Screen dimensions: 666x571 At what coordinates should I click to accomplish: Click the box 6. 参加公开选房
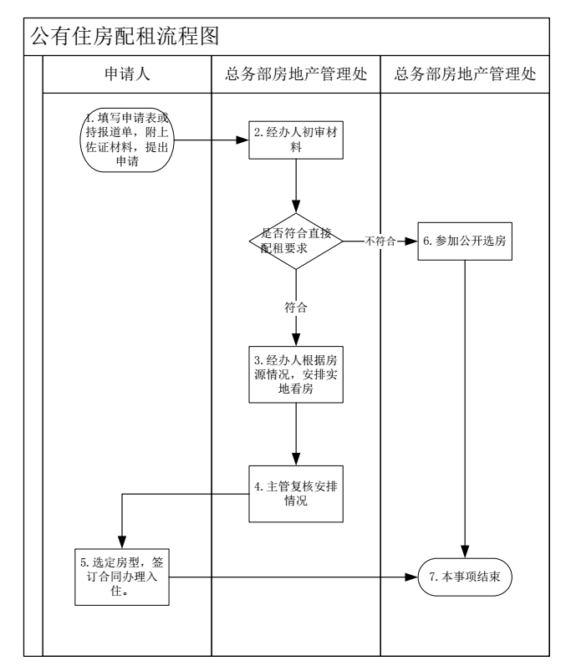point(465,242)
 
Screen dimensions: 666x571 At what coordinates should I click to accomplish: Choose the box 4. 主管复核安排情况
point(296,494)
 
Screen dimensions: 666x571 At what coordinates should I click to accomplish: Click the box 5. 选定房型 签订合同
point(123,577)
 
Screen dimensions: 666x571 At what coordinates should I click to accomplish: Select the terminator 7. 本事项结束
point(465,577)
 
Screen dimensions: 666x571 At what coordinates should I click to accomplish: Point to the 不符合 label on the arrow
point(381,242)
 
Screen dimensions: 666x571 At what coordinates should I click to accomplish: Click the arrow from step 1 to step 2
point(209,140)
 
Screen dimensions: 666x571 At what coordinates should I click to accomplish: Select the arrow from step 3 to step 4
point(296,436)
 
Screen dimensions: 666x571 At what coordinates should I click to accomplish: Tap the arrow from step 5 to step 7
point(293,577)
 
